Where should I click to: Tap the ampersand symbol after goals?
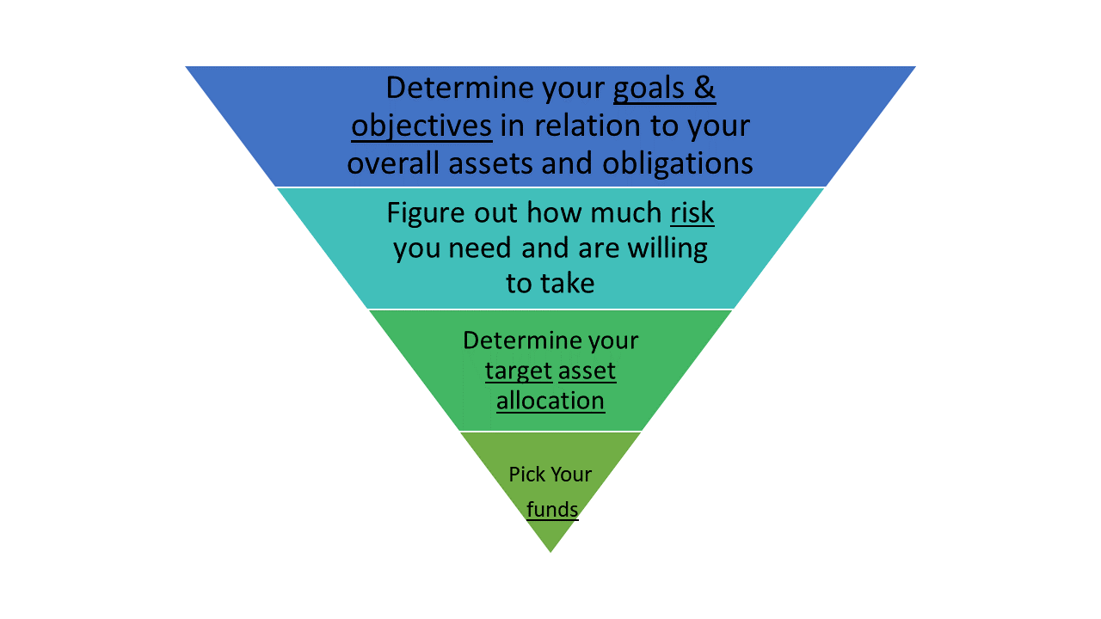tap(704, 89)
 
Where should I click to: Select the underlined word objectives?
tap(421, 126)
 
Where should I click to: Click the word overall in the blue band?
tap(393, 163)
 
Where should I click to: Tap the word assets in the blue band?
tap(490, 164)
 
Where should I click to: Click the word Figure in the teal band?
tap(425, 214)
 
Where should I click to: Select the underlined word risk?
tap(692, 213)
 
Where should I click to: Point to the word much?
tap(626, 213)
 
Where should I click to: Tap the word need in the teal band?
tap(480, 248)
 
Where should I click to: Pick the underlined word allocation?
tap(550, 401)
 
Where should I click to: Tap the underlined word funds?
tap(552, 510)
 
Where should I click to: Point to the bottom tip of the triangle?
tap(550, 552)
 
